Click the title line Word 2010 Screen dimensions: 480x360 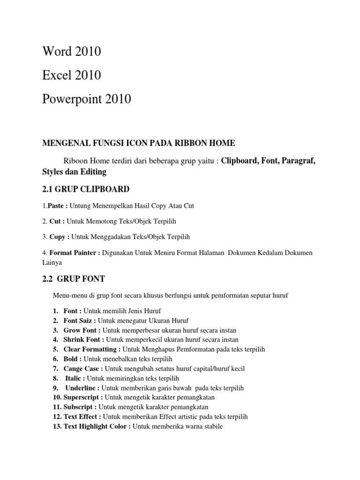coord(71,52)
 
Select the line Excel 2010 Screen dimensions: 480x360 coord(71,75)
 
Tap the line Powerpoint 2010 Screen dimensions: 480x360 coord(86,99)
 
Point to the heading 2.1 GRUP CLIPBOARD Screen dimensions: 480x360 coord(85,189)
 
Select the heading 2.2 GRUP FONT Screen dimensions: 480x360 coord(74,279)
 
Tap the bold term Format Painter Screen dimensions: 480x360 coord(75,253)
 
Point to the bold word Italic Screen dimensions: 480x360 coord(75,378)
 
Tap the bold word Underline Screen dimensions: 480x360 coord(82,388)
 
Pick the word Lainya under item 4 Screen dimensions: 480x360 coord(52,262)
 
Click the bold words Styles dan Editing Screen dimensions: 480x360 coord(74,172)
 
